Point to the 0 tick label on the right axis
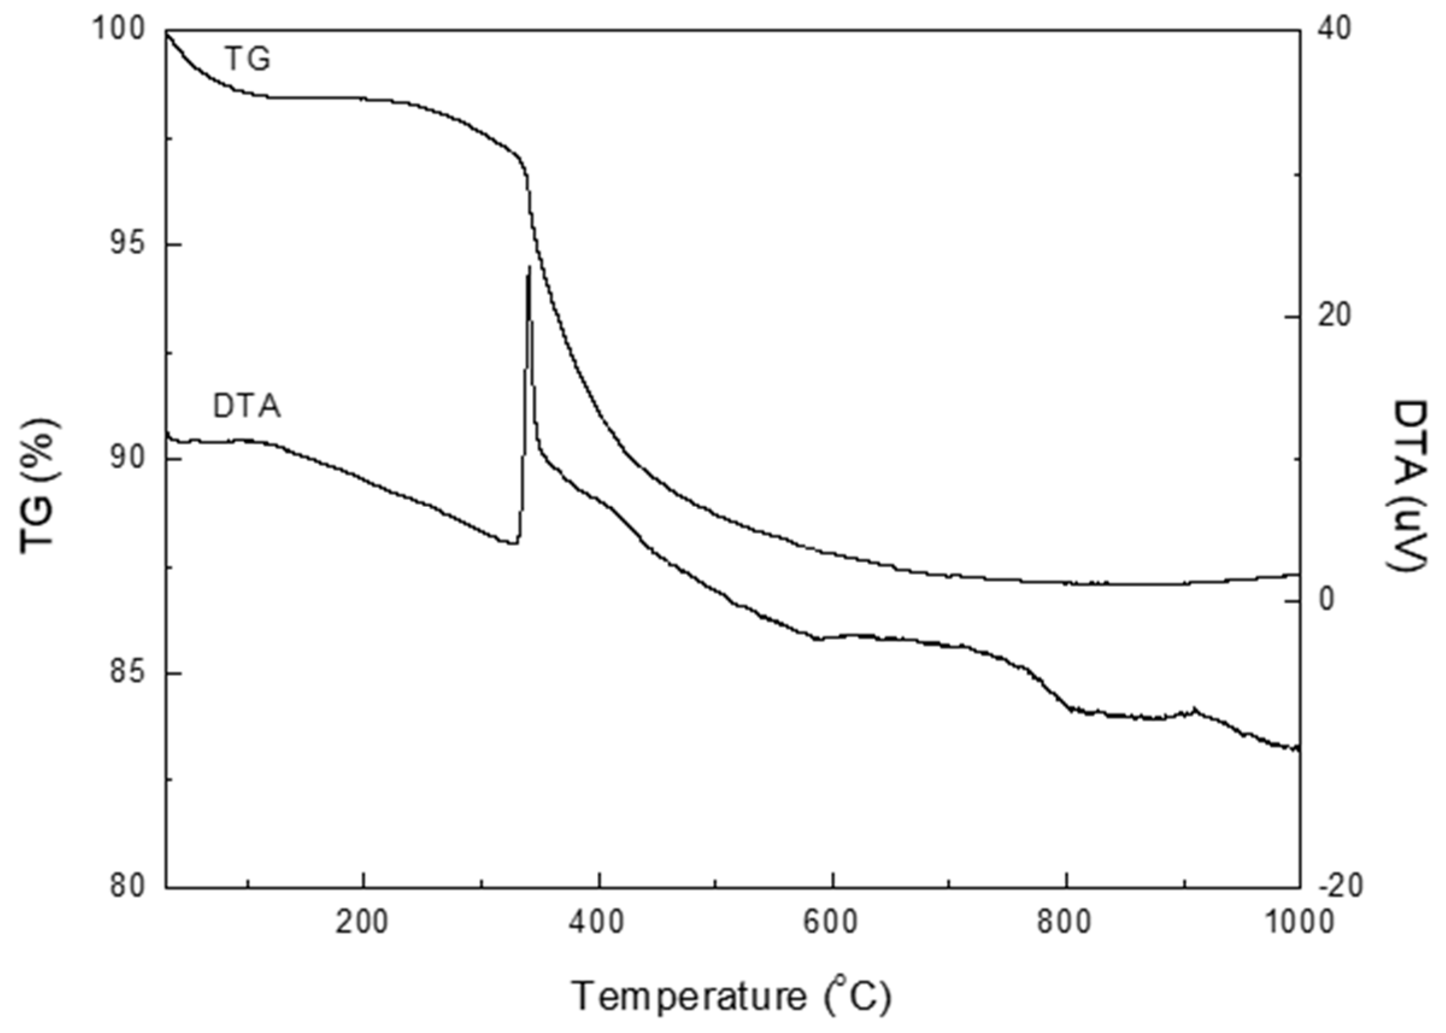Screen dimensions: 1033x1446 pos(1327,601)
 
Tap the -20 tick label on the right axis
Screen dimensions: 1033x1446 pos(1339,887)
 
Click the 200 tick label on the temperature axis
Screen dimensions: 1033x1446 pos(363,922)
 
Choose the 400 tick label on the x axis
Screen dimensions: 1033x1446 pos(598,922)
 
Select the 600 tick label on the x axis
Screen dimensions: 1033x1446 pos(831,922)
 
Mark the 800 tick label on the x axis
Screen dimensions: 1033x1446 pos(1066,922)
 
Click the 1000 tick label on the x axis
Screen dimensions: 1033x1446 pos(1298,922)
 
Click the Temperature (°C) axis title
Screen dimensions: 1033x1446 pos(732,996)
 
